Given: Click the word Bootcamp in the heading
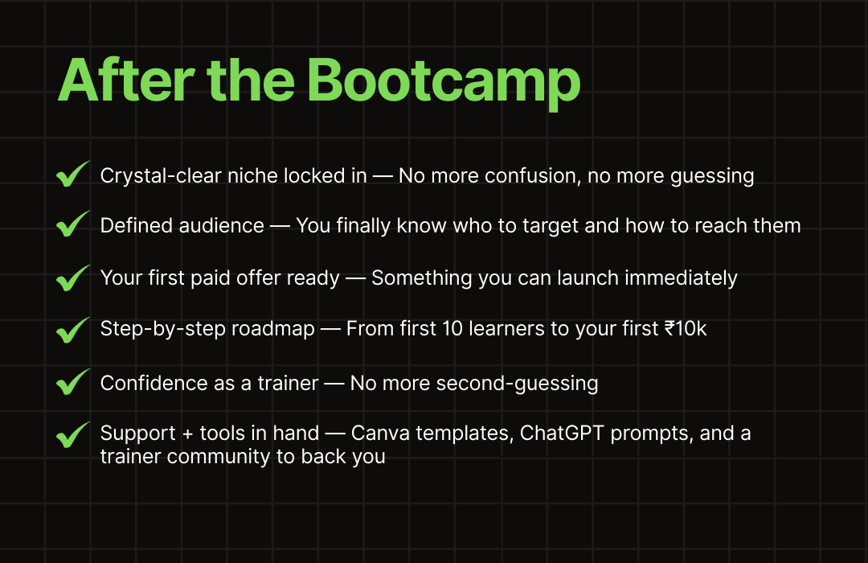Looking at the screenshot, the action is [443, 82].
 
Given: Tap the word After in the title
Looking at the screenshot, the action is [126, 80].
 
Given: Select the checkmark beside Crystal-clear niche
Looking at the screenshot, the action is [72, 175].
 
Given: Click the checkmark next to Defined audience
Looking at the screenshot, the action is [72, 224].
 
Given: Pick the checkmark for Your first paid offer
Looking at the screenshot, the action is [72, 278].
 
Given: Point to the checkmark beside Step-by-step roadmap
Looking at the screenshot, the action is [72, 331].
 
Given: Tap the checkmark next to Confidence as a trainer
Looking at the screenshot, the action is [72, 382].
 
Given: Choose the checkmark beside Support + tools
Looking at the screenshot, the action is [72, 436].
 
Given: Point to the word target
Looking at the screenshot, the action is [551, 226].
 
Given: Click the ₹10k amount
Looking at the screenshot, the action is [686, 329].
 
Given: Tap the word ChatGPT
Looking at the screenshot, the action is [562, 433].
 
